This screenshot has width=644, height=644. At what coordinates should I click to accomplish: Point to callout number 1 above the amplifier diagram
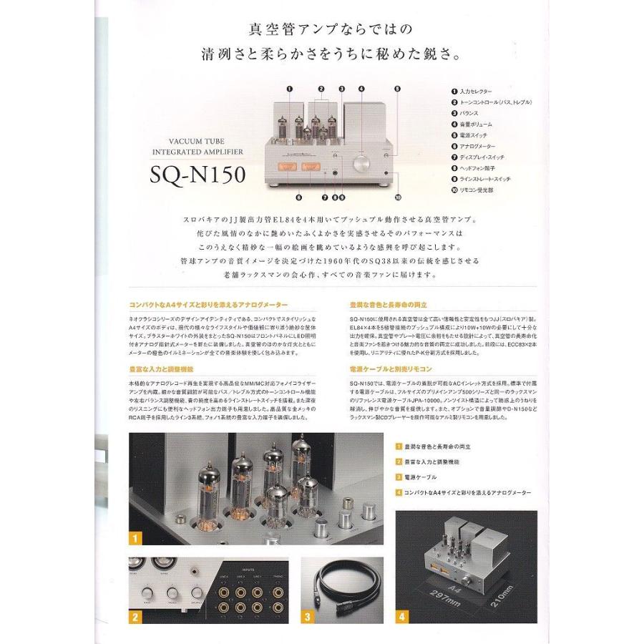pos(290,89)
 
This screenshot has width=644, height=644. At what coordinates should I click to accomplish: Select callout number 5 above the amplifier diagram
pos(397,89)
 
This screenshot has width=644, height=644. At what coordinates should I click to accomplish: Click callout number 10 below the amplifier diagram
pos(398,196)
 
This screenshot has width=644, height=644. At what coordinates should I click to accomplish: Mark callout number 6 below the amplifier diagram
pos(298,196)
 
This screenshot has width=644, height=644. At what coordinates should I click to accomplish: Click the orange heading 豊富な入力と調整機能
pos(162,369)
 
